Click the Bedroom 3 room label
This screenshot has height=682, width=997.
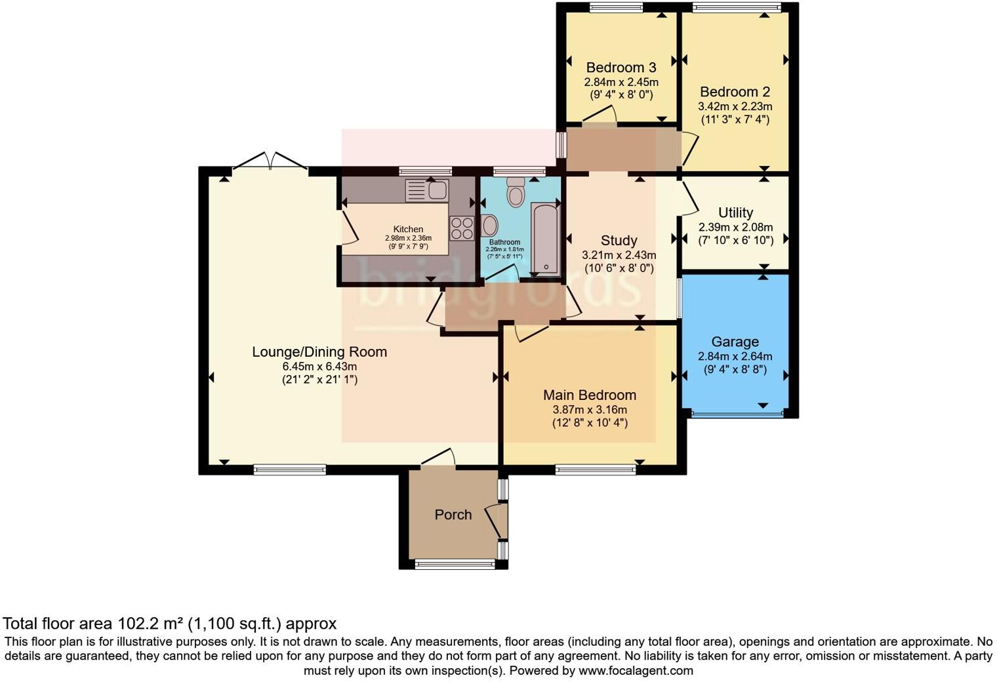[x=621, y=68]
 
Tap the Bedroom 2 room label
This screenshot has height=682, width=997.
[x=735, y=92]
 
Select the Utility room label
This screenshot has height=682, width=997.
[x=735, y=212]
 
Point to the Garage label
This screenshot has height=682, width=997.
[x=735, y=342]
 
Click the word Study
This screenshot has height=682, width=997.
[x=619, y=240]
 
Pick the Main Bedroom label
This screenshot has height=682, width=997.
[x=589, y=395]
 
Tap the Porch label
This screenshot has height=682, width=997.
[x=453, y=515]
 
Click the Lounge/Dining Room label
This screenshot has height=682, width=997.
[x=319, y=351]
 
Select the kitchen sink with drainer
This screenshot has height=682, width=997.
[x=427, y=191]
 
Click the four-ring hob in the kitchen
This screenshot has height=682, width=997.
[x=462, y=228]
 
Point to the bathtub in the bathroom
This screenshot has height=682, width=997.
[x=544, y=239]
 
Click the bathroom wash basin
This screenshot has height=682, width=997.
[x=489, y=226]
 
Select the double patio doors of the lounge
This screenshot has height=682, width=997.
[x=270, y=161]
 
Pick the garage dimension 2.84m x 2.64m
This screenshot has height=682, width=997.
[x=735, y=357]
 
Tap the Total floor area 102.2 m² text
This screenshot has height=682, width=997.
[x=169, y=624]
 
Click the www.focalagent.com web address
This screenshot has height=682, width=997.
[x=634, y=671]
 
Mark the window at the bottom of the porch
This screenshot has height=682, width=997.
[x=455, y=564]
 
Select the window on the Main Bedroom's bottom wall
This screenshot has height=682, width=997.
[x=595, y=470]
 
